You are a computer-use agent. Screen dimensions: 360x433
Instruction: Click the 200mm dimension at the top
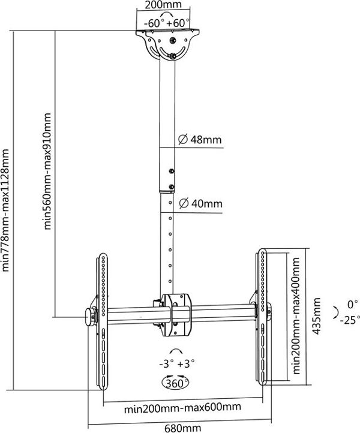(x=163, y=5)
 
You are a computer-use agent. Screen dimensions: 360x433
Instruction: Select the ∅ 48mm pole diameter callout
(x=200, y=140)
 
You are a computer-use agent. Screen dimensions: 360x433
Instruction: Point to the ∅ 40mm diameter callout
(x=201, y=204)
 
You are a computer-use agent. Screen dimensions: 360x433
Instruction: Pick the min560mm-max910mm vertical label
(x=47, y=171)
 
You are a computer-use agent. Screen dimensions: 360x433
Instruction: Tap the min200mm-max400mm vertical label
(x=296, y=316)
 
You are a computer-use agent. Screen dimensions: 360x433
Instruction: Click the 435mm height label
(x=317, y=316)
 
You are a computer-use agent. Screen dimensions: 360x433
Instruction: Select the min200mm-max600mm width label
(x=182, y=407)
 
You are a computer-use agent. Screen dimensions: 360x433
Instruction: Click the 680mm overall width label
(x=182, y=428)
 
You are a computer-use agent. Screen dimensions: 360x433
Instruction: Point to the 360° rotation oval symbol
(x=175, y=383)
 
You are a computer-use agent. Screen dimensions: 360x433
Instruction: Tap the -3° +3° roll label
(x=177, y=363)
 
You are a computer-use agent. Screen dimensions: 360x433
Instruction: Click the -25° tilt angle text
(x=350, y=320)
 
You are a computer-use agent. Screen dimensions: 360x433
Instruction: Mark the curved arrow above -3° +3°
(x=176, y=350)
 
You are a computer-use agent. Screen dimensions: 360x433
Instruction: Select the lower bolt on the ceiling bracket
(x=173, y=56)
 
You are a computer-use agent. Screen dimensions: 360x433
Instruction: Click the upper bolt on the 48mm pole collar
(x=171, y=171)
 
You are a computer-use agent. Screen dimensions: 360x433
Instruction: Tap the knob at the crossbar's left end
(x=89, y=317)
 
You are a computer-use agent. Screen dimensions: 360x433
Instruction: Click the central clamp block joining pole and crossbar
(x=176, y=315)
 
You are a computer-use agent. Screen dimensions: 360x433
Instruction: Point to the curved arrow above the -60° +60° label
(x=167, y=14)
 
